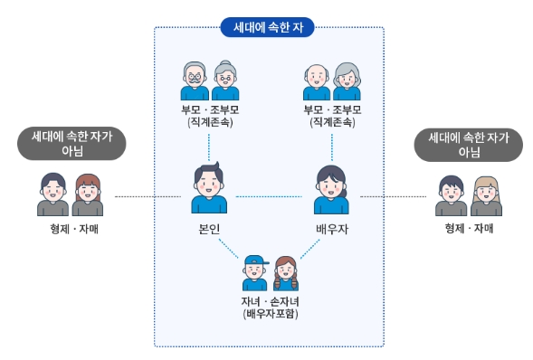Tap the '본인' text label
point(209,229)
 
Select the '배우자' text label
point(331,229)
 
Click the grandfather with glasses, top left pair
point(195,81)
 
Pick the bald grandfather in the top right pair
point(316,81)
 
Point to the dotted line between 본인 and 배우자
point(270,196)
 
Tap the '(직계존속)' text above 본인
point(209,121)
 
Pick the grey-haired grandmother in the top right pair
point(346,81)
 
